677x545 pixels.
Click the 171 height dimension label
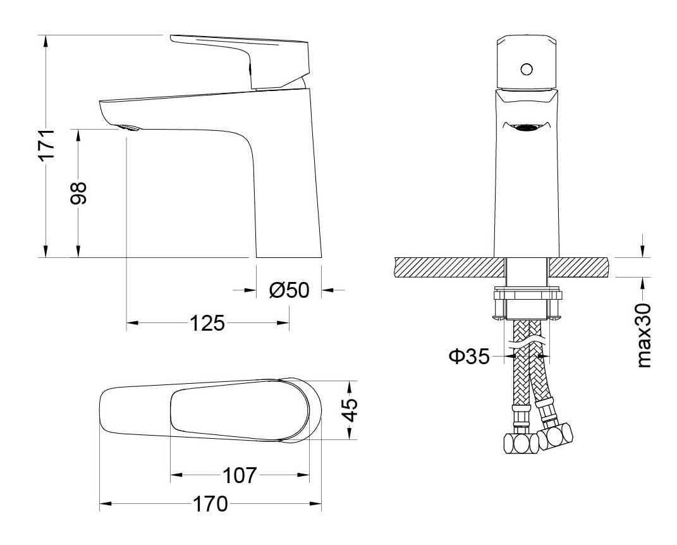48,147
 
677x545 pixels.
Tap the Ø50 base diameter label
288,290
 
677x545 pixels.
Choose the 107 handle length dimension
240,475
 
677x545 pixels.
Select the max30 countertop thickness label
643,335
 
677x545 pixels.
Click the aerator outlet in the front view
526,128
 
